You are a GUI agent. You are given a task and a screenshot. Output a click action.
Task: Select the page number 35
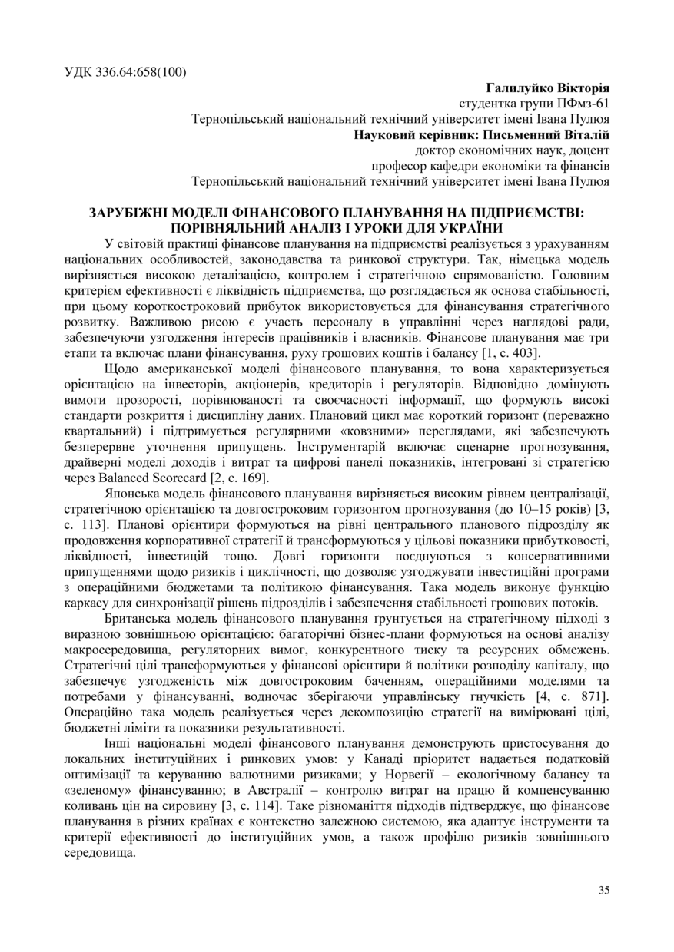604,890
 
